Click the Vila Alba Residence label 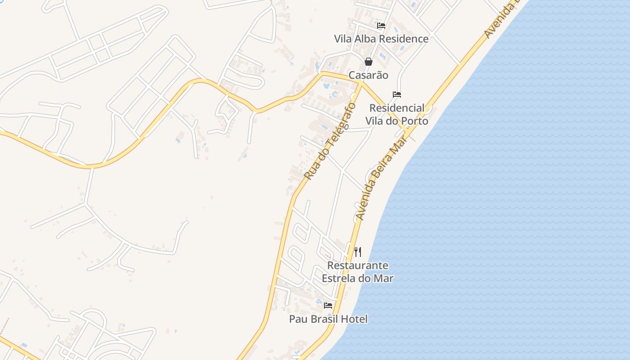(381, 39)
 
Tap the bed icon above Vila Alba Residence (381, 26)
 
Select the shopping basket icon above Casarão (369, 62)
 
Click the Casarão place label (369, 75)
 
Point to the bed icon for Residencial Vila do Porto (397, 94)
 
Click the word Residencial (397, 108)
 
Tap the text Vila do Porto (397, 121)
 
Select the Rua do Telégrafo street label (330, 141)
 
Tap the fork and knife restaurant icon (358, 252)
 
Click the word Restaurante (358, 265)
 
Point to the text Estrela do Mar (358, 279)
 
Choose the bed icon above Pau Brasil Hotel (328, 306)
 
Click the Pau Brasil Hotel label (328, 319)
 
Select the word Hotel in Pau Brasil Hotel (355, 319)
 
